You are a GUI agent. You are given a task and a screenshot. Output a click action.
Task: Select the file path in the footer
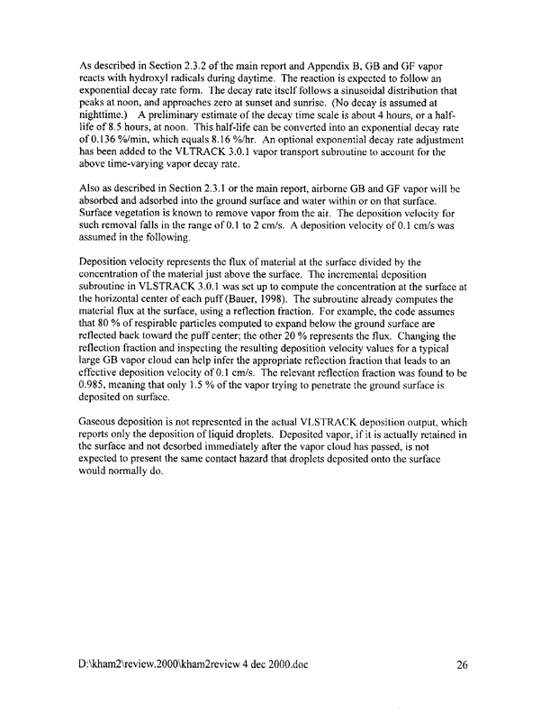tap(194, 666)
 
